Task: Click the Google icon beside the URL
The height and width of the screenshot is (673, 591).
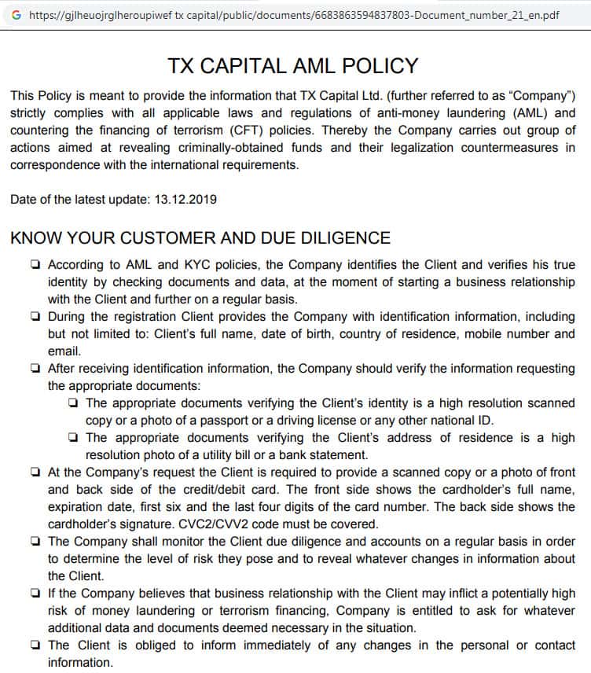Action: [x=17, y=14]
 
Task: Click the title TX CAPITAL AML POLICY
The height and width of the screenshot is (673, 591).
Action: [x=293, y=65]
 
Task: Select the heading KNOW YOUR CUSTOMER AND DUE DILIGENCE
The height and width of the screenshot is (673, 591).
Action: [x=200, y=237]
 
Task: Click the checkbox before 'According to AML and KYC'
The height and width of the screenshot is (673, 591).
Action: [x=36, y=265]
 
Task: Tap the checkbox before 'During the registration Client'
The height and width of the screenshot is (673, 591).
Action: [x=36, y=317]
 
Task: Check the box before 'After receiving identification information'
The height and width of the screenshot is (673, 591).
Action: [x=36, y=368]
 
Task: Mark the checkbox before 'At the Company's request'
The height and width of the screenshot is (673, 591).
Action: [x=36, y=472]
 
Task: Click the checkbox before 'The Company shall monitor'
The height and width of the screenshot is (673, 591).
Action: [x=36, y=541]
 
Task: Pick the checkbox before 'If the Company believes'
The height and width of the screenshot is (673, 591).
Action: [x=36, y=593]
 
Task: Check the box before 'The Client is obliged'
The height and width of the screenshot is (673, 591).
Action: [x=36, y=645]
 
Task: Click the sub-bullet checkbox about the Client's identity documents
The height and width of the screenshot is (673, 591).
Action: [x=73, y=403]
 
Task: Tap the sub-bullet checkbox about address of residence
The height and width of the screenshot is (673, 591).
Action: [x=73, y=437]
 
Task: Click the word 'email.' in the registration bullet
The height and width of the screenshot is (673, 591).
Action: [x=64, y=351]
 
